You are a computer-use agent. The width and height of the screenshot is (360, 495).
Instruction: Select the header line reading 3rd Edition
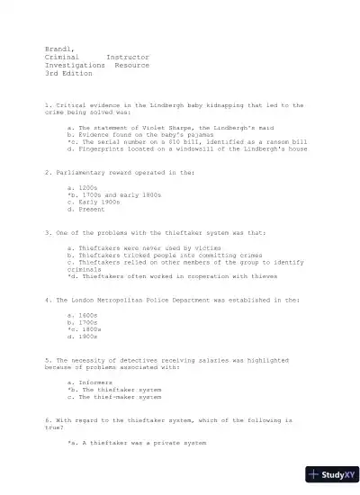pyautogui.click(x=67, y=73)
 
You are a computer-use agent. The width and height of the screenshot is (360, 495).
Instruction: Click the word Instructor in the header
pyautogui.click(x=127, y=57)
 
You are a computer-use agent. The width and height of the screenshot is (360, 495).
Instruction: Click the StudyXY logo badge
pyautogui.click(x=328, y=474)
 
